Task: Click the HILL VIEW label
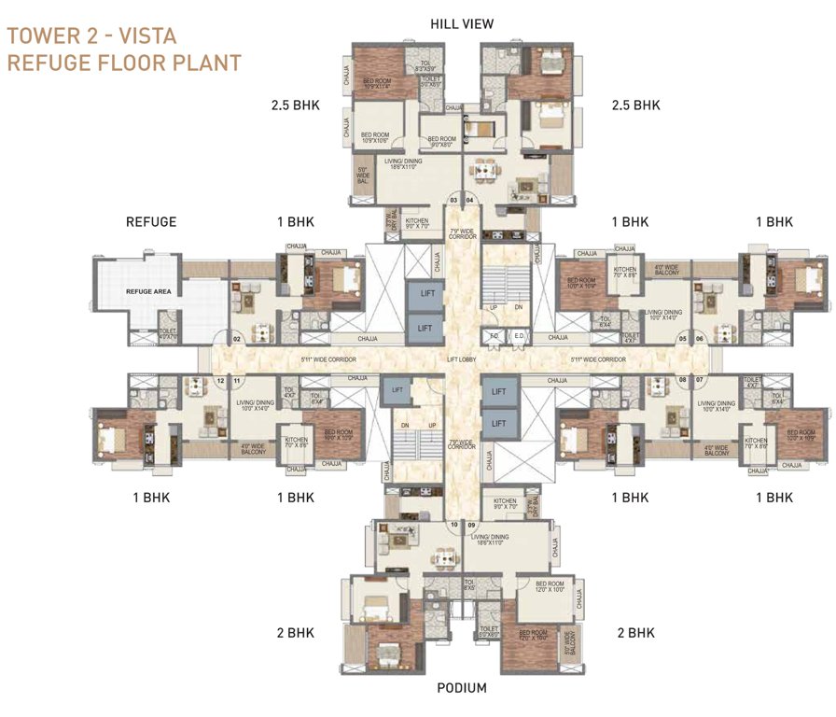[462, 23]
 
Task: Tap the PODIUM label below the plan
[462, 688]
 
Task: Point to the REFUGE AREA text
[150, 292]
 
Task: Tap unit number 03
[454, 200]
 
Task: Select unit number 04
[470, 200]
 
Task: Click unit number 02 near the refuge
[237, 339]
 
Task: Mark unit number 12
[221, 381]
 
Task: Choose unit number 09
[471, 526]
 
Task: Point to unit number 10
[454, 526]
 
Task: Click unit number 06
[700, 339]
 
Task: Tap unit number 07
[699, 380]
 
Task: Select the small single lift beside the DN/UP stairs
[397, 390]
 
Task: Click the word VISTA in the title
[145, 36]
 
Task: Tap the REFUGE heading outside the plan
[151, 222]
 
